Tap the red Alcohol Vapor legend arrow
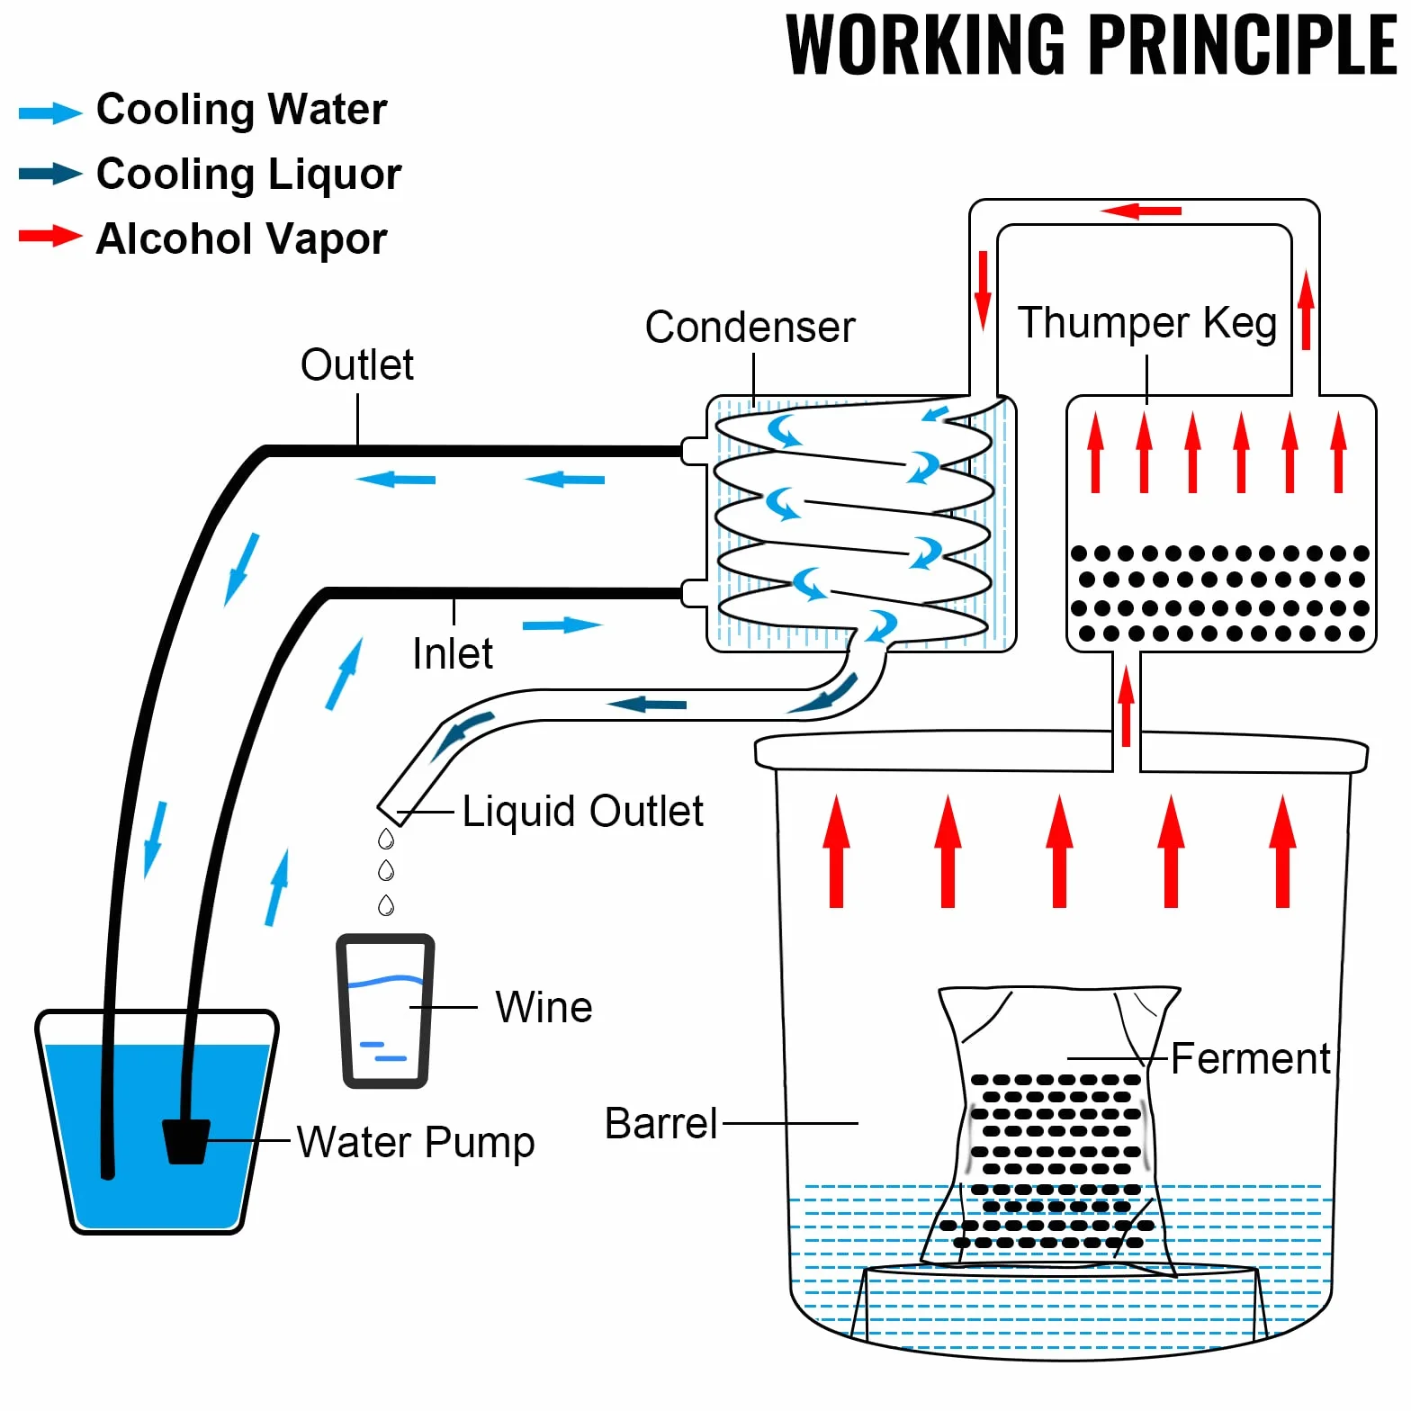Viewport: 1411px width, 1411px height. pos(50,237)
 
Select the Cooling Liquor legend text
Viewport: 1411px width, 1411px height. pos(248,175)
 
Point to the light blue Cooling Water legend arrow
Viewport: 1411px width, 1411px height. pos(50,112)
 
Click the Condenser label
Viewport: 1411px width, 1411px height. pos(750,327)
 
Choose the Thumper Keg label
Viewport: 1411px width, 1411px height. pos(1147,323)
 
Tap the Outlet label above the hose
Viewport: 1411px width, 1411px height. pos(357,364)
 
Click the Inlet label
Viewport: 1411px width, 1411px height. pos(453,653)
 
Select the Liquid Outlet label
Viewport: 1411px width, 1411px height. pos(582,812)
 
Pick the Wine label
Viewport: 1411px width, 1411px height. pos(544,1007)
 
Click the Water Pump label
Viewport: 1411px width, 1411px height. pos(416,1143)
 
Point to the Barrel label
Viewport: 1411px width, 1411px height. pos(661,1123)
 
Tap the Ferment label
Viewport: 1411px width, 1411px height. pos(1250,1058)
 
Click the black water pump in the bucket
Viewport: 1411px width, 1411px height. pos(186,1141)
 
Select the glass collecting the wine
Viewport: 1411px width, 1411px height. pos(385,1011)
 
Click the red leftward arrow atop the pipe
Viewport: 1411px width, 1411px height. pos(1140,211)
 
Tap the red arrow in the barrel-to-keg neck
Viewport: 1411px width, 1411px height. pos(1126,706)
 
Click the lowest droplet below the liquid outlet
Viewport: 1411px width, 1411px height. pos(386,904)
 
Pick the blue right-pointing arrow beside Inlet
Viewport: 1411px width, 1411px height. pos(562,625)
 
